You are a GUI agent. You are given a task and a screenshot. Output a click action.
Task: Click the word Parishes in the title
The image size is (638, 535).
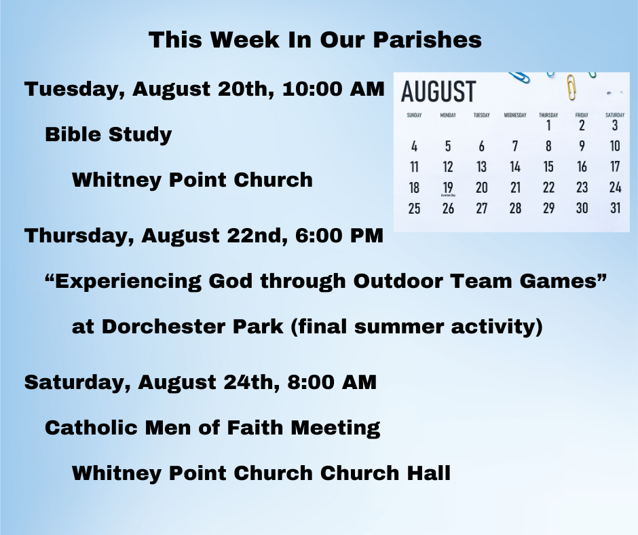[x=427, y=40]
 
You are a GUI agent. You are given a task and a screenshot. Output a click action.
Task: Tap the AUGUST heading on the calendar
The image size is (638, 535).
[x=438, y=91]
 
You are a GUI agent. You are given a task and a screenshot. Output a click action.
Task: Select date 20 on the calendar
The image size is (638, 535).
[x=481, y=187]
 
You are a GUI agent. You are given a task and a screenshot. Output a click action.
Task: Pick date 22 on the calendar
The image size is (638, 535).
[x=548, y=187]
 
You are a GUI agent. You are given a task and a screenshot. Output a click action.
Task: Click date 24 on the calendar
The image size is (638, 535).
[x=615, y=187]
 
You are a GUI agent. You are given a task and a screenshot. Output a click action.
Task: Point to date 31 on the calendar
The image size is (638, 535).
[x=615, y=208]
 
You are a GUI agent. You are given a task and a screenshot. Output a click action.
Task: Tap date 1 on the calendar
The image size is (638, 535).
[x=548, y=125]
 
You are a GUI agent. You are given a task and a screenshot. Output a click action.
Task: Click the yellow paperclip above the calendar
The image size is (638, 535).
[x=571, y=87]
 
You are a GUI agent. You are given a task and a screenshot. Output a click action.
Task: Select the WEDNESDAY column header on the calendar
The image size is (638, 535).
[x=515, y=115]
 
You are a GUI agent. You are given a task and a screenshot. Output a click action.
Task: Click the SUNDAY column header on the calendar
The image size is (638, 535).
[x=414, y=115]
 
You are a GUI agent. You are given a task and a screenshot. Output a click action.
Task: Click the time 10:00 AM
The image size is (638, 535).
[x=333, y=89]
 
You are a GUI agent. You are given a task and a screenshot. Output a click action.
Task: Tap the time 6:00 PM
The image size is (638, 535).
[x=339, y=236]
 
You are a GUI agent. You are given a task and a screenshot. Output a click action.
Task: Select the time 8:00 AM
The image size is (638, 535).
[x=332, y=382]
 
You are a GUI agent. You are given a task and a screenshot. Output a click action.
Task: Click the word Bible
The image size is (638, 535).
[x=73, y=134]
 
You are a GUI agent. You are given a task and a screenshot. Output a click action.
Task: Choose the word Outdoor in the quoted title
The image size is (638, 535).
[x=398, y=281]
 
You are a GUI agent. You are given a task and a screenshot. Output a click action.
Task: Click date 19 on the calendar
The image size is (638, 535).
[x=448, y=187]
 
